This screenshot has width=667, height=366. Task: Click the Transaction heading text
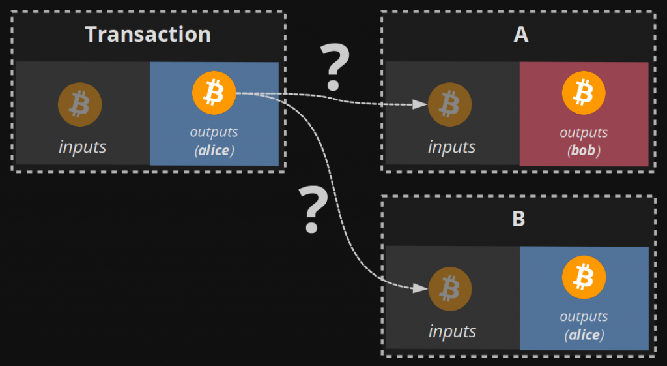[148, 34]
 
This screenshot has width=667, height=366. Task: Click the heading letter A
[520, 35]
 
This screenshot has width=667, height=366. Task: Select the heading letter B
[518, 219]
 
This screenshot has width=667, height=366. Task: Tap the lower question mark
[313, 209]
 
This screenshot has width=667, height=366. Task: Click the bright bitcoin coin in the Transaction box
[213, 94]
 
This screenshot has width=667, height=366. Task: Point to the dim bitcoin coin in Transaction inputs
[79, 104]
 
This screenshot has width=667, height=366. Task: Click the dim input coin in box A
[449, 104]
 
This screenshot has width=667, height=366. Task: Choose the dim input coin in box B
[450, 288]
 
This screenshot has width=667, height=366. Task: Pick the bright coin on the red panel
[584, 94]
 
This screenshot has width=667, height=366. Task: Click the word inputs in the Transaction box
[82, 146]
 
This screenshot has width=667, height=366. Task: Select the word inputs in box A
[451, 147]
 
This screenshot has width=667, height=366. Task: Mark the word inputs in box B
[452, 331]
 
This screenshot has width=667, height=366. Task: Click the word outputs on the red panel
[584, 132]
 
